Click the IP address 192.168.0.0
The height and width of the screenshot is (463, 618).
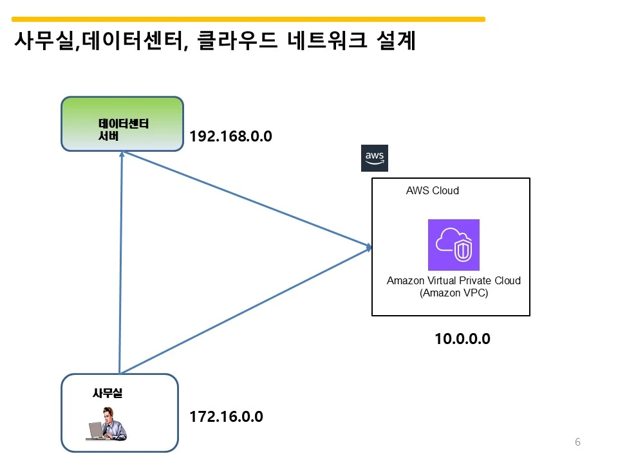point(231,137)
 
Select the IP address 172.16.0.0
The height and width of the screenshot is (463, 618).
point(226,417)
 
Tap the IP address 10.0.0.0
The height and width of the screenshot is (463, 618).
point(462,339)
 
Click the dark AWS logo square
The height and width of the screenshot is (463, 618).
point(375,158)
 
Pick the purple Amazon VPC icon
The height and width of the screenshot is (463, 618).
point(453,245)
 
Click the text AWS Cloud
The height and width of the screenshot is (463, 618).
point(432,191)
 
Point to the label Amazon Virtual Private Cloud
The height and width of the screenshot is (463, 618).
point(453,280)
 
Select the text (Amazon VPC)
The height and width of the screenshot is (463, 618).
point(453,293)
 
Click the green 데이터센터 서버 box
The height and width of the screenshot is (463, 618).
point(122,124)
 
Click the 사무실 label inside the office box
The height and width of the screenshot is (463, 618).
point(108,394)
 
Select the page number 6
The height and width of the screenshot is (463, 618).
point(577,442)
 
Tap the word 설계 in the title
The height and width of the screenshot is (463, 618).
point(395,42)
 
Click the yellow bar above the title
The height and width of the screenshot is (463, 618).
point(248,19)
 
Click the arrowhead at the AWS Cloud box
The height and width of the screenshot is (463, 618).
point(369,247)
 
